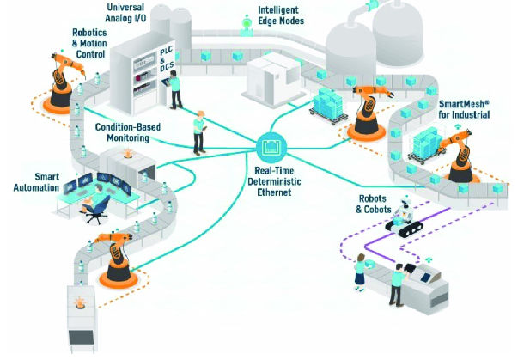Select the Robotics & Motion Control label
pos(90,42)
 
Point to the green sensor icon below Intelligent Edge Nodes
pos(247,31)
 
